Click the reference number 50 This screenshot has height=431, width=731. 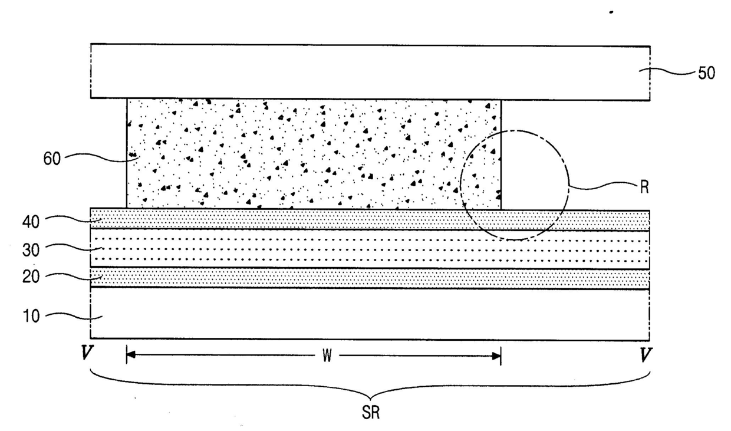pos(706,74)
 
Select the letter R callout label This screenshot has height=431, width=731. pos(644,189)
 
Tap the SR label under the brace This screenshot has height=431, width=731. pos(371,413)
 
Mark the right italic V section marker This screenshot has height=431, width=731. pos(646,356)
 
